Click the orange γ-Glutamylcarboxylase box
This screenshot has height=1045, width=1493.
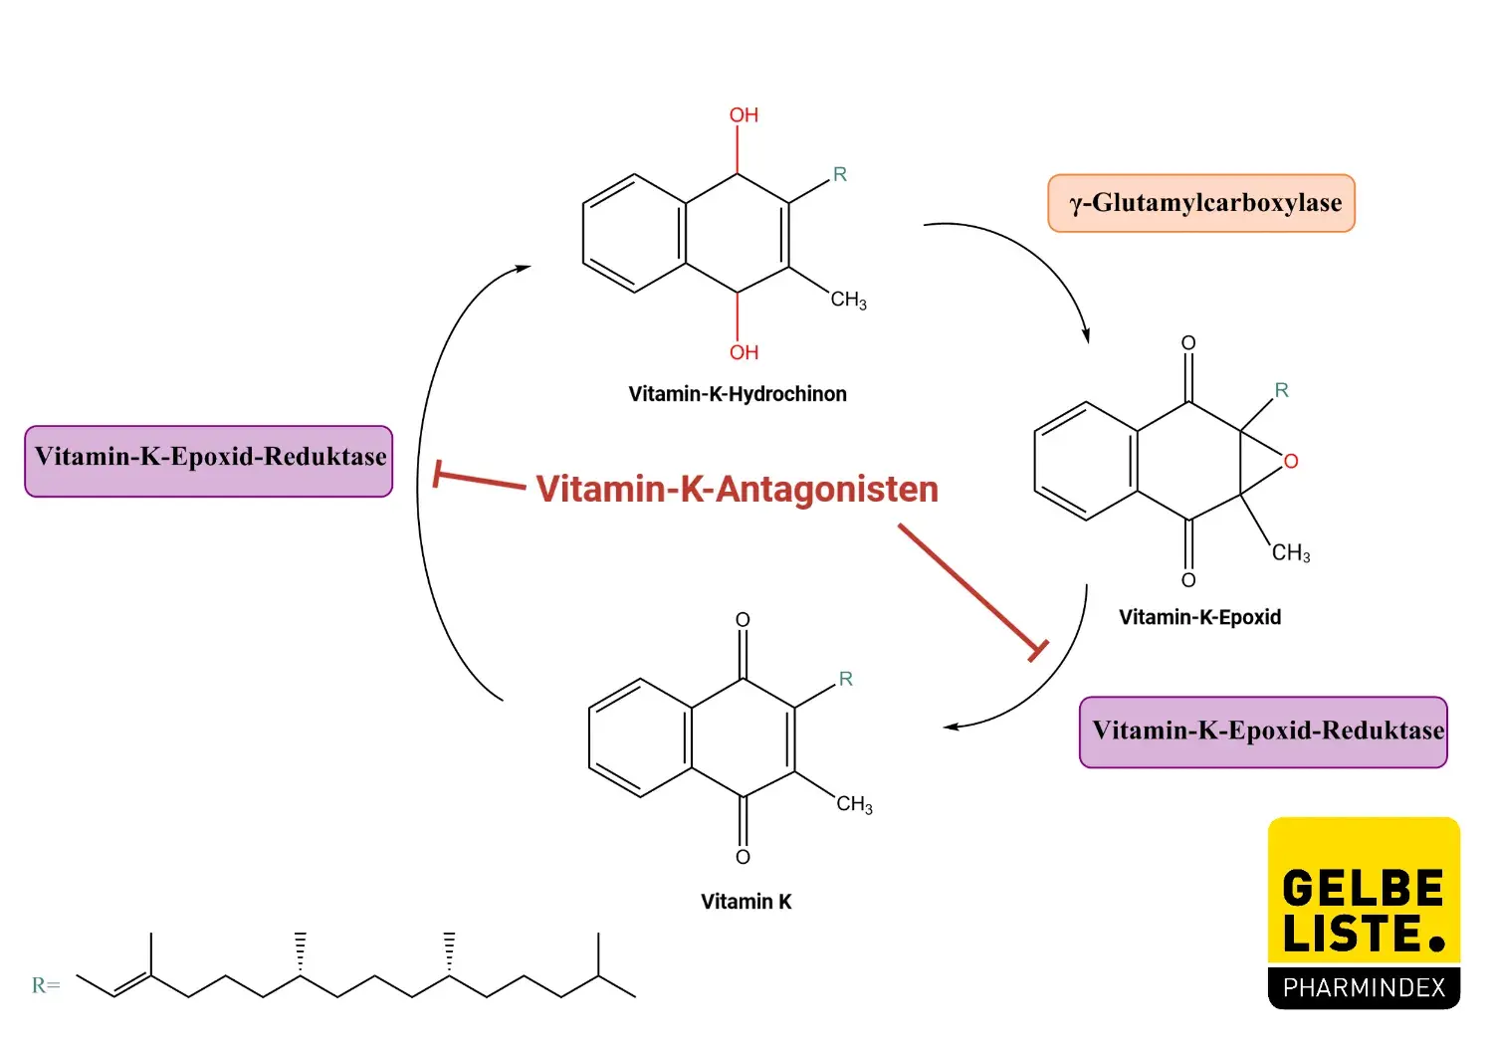coord(1201,203)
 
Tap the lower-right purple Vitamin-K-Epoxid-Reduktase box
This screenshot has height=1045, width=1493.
coord(1263,731)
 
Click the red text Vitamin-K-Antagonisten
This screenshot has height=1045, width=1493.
coord(737,489)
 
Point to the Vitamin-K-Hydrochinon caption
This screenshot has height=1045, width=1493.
coord(738,394)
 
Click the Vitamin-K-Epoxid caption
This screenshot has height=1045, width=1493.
coord(1199,617)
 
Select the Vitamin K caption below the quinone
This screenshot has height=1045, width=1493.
coord(746,902)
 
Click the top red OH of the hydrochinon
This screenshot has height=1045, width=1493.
coord(744,115)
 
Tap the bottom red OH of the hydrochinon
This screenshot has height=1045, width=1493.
coord(744,352)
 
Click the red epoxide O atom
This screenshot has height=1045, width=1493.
coord(1291,461)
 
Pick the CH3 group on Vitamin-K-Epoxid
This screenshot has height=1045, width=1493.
coord(1291,552)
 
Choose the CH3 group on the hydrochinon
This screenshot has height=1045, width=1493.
coord(848,300)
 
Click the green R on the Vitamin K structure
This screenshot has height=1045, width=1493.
coord(846,679)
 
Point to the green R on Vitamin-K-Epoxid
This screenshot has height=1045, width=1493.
coord(1282,390)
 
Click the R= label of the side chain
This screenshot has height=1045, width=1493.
coord(46,985)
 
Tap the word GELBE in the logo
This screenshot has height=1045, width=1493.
coord(1363,888)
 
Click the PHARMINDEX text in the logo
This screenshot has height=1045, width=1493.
coord(1364,987)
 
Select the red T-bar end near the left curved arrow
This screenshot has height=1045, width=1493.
coord(437,474)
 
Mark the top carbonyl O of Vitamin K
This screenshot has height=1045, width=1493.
coord(743,620)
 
